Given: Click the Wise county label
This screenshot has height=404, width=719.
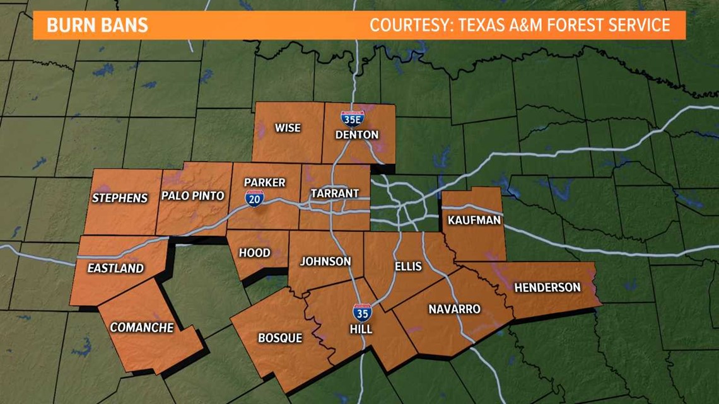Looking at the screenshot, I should pyautogui.click(x=288, y=128).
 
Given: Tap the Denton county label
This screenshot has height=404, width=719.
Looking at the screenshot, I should pyautogui.click(x=357, y=134).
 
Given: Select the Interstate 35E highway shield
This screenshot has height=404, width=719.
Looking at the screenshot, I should pyautogui.click(x=351, y=116).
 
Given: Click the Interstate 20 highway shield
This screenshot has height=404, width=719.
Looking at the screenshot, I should pyautogui.click(x=255, y=198).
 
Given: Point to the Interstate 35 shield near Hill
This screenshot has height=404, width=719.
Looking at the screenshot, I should pyautogui.click(x=361, y=313).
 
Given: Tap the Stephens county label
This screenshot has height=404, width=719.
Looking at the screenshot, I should pyautogui.click(x=120, y=198).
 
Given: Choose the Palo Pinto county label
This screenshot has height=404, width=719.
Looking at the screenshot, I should pyautogui.click(x=193, y=195).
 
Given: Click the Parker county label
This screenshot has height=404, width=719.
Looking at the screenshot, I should pyautogui.click(x=265, y=183).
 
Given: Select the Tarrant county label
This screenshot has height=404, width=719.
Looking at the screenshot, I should pyautogui.click(x=334, y=193).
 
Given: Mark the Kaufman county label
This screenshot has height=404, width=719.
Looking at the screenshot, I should pyautogui.click(x=474, y=220).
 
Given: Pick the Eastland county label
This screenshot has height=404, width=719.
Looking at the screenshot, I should pyautogui.click(x=115, y=268).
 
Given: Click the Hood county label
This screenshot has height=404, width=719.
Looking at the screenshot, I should pyautogui.click(x=255, y=253).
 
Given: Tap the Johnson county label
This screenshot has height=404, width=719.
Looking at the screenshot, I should pyautogui.click(x=325, y=261).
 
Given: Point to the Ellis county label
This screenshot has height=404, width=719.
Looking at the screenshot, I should pyautogui.click(x=407, y=266).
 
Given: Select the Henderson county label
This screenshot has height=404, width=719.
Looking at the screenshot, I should pyautogui.click(x=547, y=287).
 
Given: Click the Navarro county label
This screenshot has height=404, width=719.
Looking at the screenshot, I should pyautogui.click(x=454, y=309).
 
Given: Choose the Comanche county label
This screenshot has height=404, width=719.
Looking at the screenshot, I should pyautogui.click(x=142, y=327).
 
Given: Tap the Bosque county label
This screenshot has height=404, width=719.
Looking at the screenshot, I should pyautogui.click(x=280, y=338).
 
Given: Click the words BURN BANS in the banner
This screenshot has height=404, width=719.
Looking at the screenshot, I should pyautogui.click(x=98, y=25).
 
